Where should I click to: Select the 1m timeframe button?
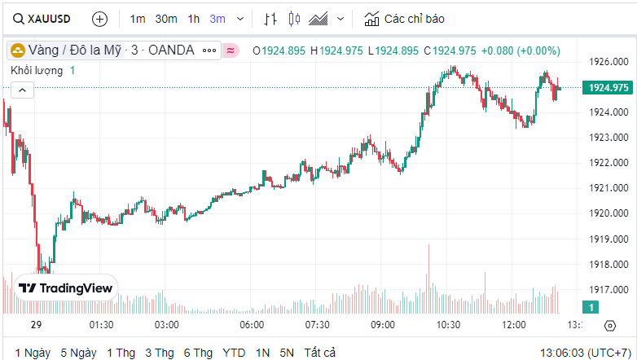tap(138, 18)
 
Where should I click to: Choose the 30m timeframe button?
tap(166, 18)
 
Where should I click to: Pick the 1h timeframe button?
tap(193, 18)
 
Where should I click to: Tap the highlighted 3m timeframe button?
tap(217, 18)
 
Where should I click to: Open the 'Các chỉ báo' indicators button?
tap(405, 18)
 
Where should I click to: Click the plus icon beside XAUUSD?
tap(99, 18)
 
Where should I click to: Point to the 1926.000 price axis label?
tap(608, 61)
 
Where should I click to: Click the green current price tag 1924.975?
tap(608, 87)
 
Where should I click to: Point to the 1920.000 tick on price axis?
tap(608, 213)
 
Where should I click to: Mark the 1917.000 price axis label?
tap(608, 289)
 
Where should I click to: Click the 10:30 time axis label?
tap(448, 325)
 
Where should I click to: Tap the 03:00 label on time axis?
tap(167, 325)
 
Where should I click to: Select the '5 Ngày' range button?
tap(78, 353)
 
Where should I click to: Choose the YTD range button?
tap(235, 353)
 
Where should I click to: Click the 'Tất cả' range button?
tap(319, 353)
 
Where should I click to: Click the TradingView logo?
tap(66, 288)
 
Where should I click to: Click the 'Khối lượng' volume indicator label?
tap(37, 71)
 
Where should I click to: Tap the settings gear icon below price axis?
tap(610, 326)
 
